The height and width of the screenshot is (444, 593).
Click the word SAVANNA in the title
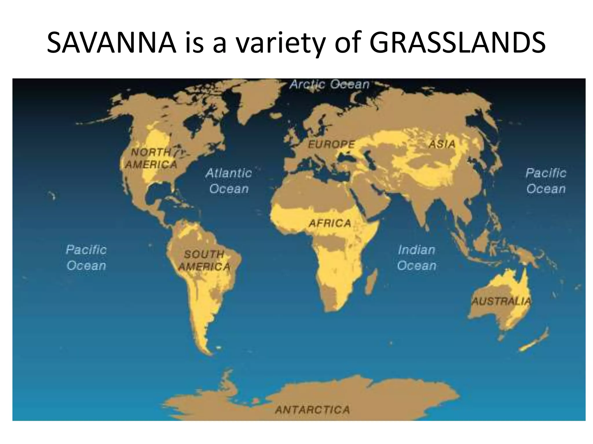click(111, 43)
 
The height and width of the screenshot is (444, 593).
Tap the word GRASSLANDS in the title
click(457, 43)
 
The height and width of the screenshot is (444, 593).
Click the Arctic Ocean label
click(330, 84)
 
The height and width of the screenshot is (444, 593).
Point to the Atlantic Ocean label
click(229, 181)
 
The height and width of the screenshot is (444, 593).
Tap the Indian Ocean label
click(417, 258)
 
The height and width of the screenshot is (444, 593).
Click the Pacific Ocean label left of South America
click(86, 258)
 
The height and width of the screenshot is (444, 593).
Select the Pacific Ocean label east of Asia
click(546, 181)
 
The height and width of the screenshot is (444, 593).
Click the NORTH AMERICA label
click(151, 158)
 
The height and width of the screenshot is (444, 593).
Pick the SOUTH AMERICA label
click(204, 260)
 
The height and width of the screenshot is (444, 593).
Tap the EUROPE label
click(331, 144)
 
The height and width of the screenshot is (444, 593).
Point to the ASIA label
click(442, 144)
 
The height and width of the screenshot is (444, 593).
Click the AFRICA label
click(330, 223)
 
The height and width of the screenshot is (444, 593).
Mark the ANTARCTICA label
click(312, 410)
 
